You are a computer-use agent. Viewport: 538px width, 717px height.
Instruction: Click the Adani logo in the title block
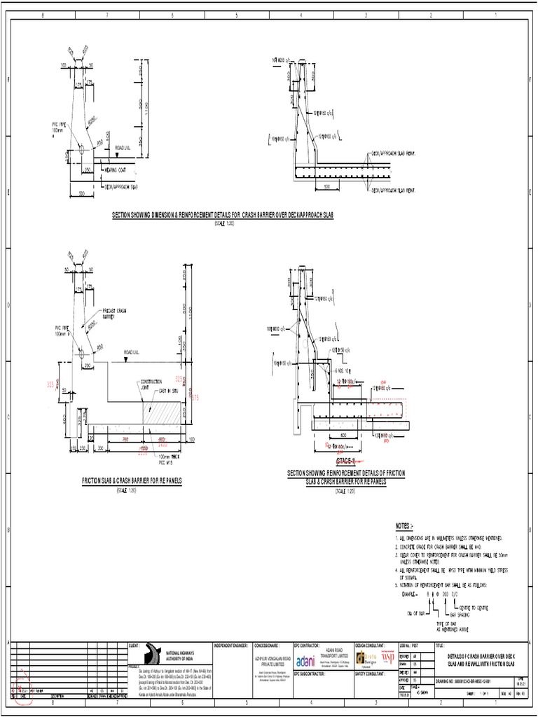(306, 661)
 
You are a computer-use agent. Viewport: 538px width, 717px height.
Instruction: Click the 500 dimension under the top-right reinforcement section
(326, 187)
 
